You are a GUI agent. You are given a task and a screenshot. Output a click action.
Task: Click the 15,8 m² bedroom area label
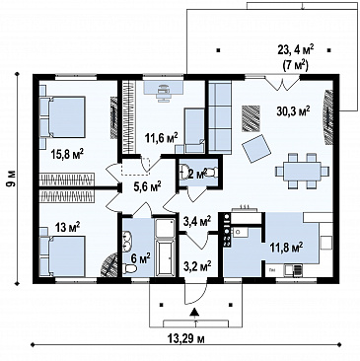coord(67,154)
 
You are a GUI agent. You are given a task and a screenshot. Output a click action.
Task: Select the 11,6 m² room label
coord(161,137)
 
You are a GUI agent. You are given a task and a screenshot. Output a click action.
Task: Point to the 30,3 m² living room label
coord(293,111)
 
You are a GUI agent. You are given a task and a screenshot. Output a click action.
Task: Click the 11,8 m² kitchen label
coord(287,247)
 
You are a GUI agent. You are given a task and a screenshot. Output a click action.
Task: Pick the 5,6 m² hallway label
coord(147,187)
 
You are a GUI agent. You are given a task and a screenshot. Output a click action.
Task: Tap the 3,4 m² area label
coord(196,220)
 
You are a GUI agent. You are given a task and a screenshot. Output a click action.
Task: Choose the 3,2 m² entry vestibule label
coord(196,264)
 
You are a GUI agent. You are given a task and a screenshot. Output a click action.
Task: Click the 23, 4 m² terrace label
coord(296,50)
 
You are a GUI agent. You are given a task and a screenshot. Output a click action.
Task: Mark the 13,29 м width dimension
coord(186,338)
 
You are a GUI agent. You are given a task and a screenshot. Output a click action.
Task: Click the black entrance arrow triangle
coord(194,312)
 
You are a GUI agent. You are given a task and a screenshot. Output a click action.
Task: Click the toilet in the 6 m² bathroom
coord(130,269)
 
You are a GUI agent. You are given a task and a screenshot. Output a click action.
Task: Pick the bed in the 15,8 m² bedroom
coord(63,116)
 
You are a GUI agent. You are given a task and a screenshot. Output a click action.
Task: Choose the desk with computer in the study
coord(164,88)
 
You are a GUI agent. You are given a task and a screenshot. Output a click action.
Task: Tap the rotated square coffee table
coord(256,149)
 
